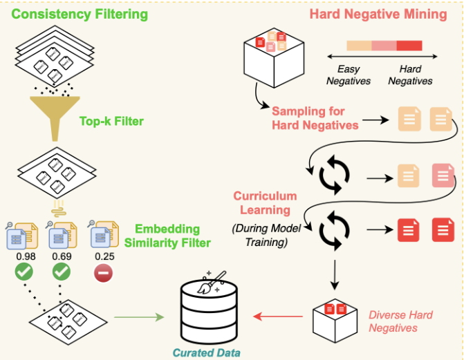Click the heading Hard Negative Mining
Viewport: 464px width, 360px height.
coord(378,14)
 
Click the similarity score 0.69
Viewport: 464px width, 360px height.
coord(62,257)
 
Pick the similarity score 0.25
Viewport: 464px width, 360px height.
coord(102,257)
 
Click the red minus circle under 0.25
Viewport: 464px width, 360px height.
coord(102,274)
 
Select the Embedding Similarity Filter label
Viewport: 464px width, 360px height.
coord(167,236)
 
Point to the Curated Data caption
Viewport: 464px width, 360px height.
coord(208,352)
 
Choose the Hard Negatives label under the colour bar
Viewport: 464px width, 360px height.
coord(409,75)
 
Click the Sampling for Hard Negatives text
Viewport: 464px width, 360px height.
coord(315,118)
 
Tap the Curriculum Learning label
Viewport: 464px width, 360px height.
coord(265,202)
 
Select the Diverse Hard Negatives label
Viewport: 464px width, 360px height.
coord(400,321)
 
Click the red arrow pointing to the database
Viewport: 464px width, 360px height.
coord(278,317)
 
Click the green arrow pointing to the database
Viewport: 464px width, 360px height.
coord(138,317)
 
